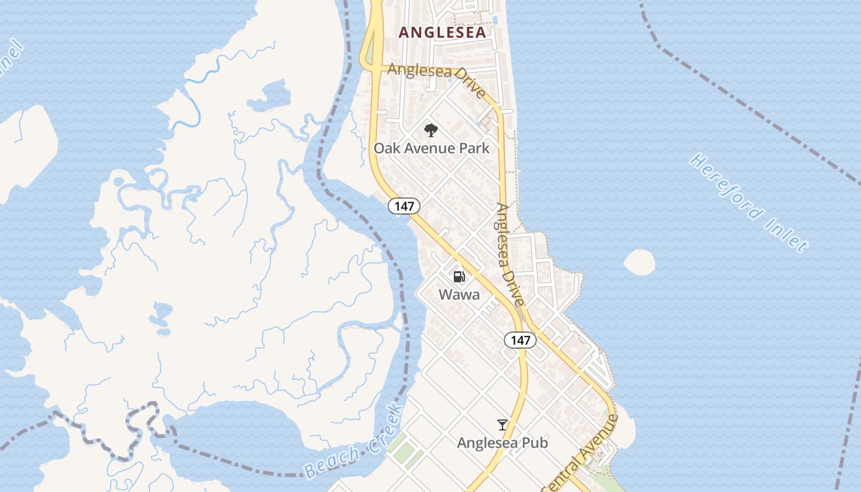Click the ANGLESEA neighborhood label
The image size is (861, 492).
(442, 33)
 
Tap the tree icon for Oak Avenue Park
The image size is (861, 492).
(431, 130)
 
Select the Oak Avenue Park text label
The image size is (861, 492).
(431, 148)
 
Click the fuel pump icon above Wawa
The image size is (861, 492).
(459, 277)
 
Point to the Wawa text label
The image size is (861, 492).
(459, 295)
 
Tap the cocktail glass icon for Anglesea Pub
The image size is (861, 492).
(502, 425)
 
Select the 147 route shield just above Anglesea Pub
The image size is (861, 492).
(520, 340)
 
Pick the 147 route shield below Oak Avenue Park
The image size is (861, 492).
(404, 206)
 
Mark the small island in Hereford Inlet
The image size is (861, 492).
(639, 262)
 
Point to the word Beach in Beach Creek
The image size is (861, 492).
(332, 463)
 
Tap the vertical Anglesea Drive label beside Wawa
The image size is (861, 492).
(510, 255)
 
